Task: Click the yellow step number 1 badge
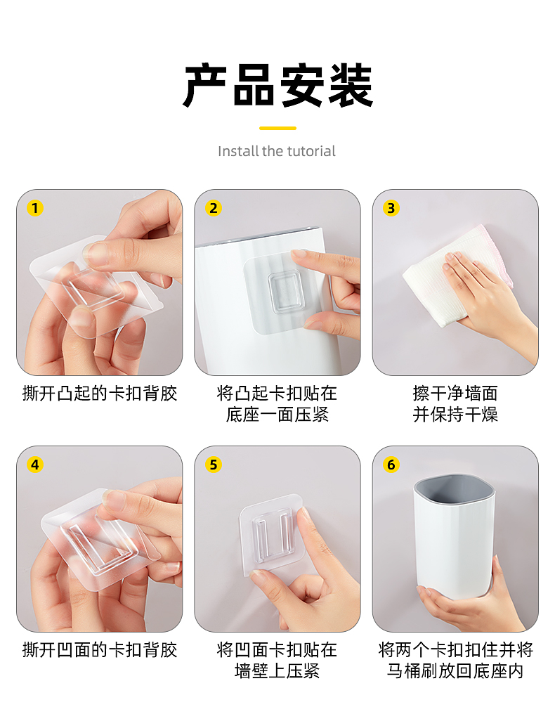tap(35, 208)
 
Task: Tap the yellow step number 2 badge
tap(214, 208)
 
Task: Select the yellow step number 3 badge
tap(391, 208)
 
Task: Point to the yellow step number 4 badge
tap(35, 465)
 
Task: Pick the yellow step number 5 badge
tap(214, 465)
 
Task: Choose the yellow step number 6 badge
tap(391, 465)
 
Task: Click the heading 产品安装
tap(277, 86)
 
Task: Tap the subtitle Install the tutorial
tap(277, 151)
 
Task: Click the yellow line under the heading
tap(277, 128)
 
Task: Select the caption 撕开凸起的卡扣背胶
tap(100, 394)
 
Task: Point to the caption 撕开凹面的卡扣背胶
tap(100, 650)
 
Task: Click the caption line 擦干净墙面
tap(455, 394)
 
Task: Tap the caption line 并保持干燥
tap(455, 415)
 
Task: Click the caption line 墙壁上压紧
tap(277, 671)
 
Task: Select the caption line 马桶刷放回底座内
tap(455, 671)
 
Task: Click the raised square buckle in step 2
tap(286, 292)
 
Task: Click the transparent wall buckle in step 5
tap(270, 535)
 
